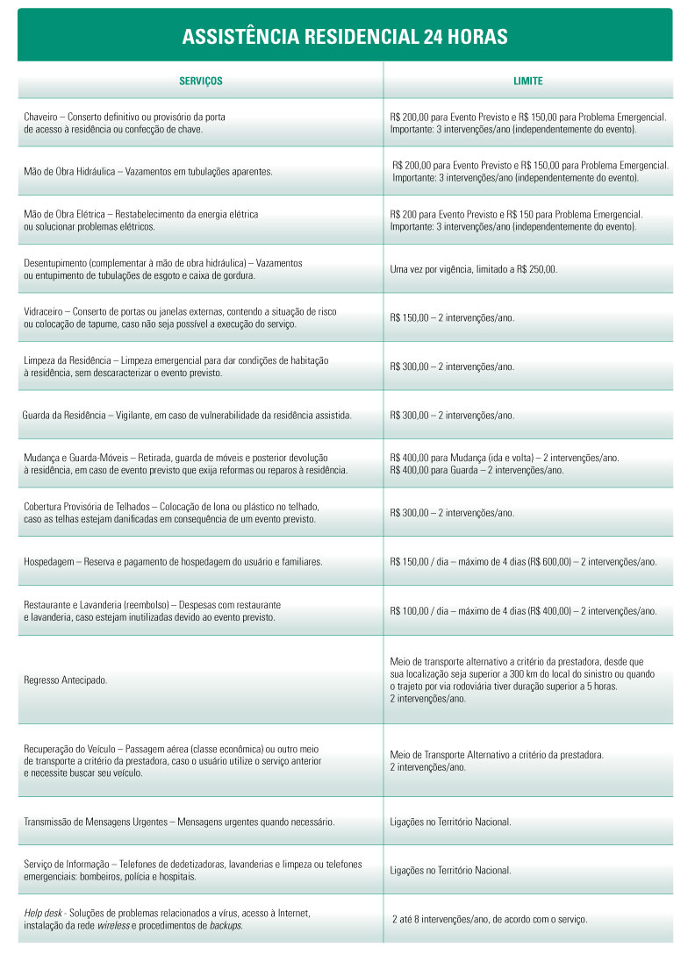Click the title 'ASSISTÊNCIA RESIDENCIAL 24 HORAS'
pos(344,36)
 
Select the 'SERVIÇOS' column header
pos(201,81)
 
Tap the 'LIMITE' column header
pos(528,81)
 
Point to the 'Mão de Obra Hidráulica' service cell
pos(148,171)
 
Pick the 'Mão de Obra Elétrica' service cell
pos(140,220)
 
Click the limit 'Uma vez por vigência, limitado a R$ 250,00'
pos(473,269)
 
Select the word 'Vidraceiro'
pos(45,311)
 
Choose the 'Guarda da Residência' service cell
pos(187,415)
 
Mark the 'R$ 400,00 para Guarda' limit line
pos(477,470)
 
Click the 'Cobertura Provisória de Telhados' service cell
pos(171,513)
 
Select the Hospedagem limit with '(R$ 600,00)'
pos(523,561)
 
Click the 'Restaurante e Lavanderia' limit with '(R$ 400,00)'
pos(523,610)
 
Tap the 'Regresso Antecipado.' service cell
pos(66,680)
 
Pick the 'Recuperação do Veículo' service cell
pos(172,761)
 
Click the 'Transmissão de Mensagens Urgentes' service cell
pos(179,822)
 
